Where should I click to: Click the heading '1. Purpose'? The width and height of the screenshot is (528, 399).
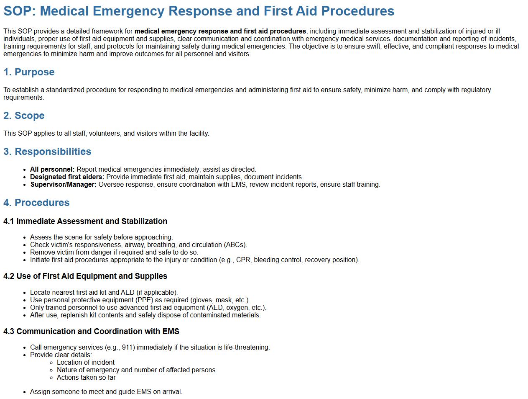point(29,72)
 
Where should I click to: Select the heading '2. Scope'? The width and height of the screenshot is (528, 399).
point(24,116)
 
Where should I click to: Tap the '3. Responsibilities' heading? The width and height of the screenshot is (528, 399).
point(47,152)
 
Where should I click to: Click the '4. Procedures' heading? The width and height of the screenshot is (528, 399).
point(36,203)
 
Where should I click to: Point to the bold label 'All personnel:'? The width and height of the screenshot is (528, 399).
point(52,170)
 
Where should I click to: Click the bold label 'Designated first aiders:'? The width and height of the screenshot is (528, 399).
point(67,177)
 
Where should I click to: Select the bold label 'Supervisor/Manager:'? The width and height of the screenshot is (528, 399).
point(63,185)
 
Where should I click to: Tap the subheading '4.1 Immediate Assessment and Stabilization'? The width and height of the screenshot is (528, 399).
point(85,221)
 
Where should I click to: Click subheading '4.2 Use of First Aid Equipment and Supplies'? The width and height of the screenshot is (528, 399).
point(85,276)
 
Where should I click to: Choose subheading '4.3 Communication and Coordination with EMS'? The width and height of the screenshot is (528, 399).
point(91,332)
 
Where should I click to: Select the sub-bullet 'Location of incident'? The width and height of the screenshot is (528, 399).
point(86,363)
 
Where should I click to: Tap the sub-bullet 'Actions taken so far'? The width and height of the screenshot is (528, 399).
point(86,378)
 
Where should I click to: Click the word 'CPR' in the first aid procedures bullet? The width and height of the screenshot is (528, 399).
point(243,260)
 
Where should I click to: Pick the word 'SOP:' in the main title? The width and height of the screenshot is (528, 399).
point(20,11)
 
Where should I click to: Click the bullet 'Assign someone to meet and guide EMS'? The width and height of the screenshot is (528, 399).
point(106,392)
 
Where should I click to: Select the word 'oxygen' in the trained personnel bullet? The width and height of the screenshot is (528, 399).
point(237,308)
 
